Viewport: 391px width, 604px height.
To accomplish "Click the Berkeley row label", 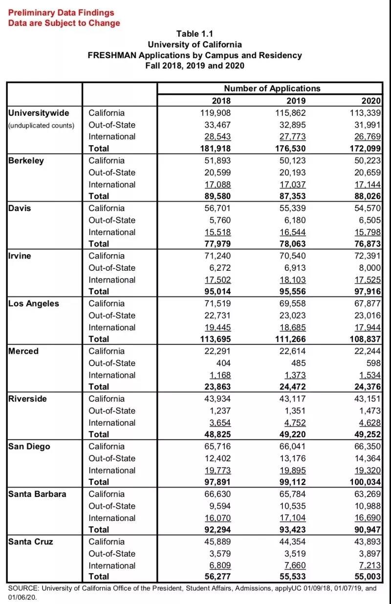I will coord(26,161).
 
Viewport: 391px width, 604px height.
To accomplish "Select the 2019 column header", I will coord(296,101).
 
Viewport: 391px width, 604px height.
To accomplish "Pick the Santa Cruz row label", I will coord(31,542).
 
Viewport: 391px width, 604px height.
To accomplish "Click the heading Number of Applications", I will coord(272,88).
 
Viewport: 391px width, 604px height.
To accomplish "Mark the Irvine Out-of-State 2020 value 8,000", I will coord(370,268).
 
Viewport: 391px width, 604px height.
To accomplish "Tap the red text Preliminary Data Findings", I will coord(61,13).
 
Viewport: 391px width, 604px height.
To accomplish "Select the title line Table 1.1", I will coord(195,33).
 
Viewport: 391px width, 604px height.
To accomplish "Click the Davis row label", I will coord(20,208).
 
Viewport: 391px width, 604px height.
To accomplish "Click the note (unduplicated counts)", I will coord(41,125).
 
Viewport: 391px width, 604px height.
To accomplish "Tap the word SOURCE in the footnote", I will coord(24,588).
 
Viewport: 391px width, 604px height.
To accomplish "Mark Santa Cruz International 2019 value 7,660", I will coord(294,566).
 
